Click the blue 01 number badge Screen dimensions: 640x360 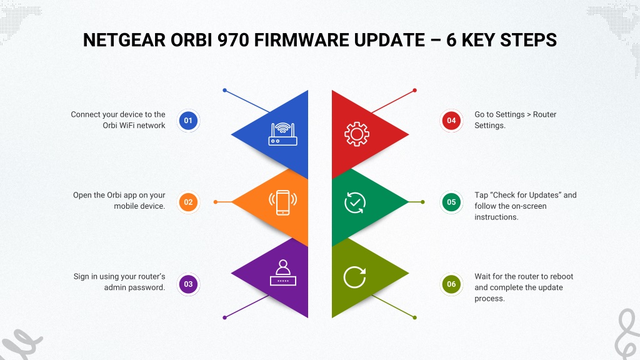tap(188, 121)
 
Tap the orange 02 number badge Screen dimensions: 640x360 tap(188, 202)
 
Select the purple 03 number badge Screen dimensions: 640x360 tap(188, 284)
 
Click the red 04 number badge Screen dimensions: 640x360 tap(451, 121)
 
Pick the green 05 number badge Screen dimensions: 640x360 tap(451, 202)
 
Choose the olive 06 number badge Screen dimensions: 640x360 tap(451, 284)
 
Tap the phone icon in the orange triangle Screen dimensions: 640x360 tap(283, 202)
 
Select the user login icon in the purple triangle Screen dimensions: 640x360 tap(283, 272)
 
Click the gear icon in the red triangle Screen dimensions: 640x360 tap(357, 134)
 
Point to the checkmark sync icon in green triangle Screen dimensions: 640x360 tap(355, 202)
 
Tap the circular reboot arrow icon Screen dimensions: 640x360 tap(355, 277)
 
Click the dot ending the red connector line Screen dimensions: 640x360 tap(415, 90)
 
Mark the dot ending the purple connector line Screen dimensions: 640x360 tap(224, 317)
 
